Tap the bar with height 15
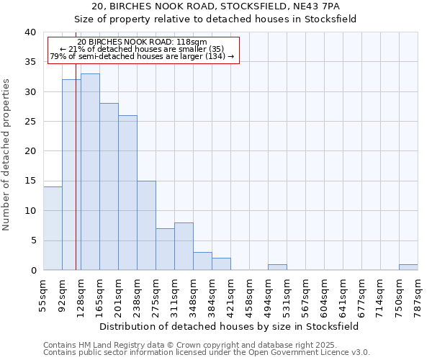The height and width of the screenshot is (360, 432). pos(146,225)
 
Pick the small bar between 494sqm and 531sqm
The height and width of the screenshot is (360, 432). pos(277,267)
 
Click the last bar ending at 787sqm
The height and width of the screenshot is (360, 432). pos(408,267)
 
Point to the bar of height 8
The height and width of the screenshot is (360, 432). pos(184,246)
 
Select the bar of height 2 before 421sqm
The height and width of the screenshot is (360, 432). pos(221,264)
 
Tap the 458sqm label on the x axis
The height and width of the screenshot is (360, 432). pos(250,296)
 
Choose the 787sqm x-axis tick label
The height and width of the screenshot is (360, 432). pos(418,296)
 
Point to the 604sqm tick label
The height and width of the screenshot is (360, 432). pos(325,296)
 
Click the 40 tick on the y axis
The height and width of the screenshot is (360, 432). pos(30,32)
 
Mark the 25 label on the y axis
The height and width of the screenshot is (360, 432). pos(30,122)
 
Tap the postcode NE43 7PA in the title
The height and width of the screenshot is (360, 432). pos(318,6)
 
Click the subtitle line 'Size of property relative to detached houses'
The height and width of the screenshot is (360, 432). pos(215,19)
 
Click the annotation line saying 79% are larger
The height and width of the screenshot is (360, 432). pos(142,56)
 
